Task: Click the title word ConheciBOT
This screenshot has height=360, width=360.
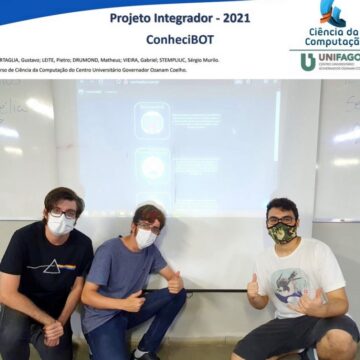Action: [x=176, y=39]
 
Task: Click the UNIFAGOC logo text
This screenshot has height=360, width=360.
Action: [x=339, y=60]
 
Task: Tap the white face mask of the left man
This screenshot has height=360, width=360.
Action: [x=61, y=225]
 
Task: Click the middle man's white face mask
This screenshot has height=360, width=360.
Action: [x=146, y=237]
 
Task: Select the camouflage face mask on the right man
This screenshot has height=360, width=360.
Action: [x=282, y=233]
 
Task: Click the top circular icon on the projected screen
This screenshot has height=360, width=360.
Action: [x=152, y=122]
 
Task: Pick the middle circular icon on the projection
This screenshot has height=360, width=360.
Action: [x=152, y=168]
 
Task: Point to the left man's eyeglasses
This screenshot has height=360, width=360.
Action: [x=62, y=212]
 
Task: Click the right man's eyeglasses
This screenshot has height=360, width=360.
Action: [x=282, y=220]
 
